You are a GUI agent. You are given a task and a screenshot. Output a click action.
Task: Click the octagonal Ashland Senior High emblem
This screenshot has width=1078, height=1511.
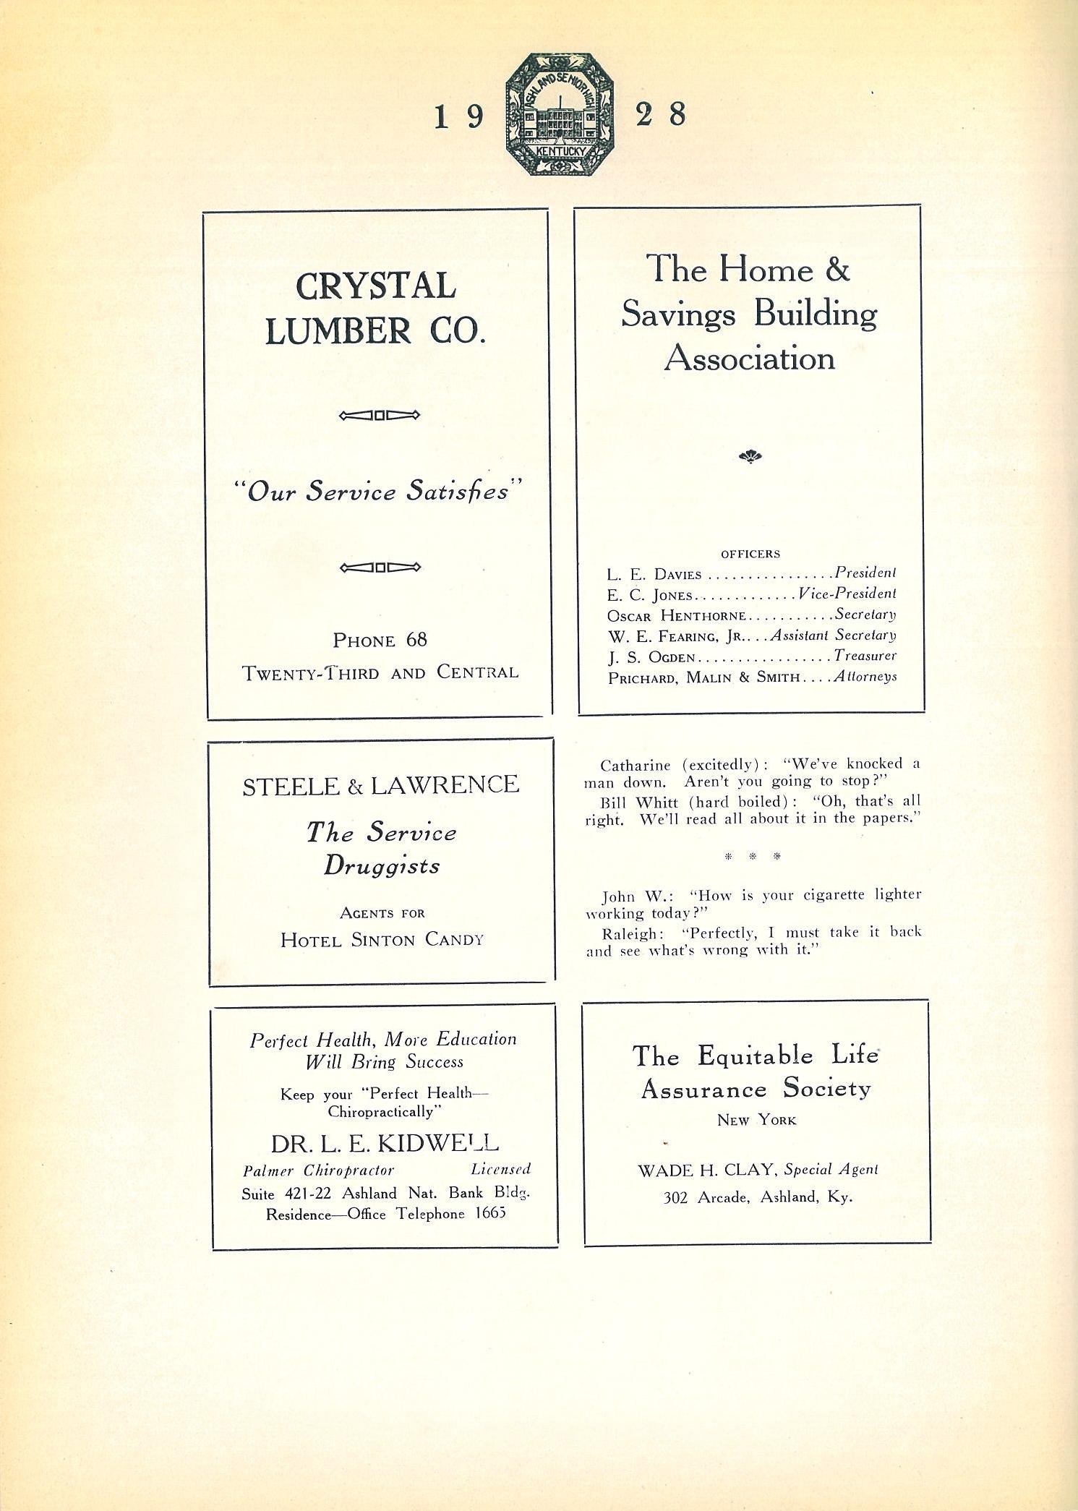[x=560, y=114]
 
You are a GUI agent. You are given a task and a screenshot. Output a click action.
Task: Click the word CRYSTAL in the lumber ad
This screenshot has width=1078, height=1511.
[x=375, y=286]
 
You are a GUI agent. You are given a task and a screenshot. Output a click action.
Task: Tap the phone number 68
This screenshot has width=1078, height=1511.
[x=416, y=640]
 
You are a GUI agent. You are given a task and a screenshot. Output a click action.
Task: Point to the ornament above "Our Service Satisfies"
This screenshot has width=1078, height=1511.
[x=379, y=415]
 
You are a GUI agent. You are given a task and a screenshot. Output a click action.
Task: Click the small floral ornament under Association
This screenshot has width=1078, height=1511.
[x=750, y=456]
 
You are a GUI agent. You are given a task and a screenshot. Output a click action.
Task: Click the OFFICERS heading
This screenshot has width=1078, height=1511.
[x=750, y=554]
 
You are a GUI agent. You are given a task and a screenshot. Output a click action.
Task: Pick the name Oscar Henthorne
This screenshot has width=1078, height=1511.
[x=676, y=616]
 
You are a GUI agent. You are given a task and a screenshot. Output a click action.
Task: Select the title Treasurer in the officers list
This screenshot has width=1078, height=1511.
[x=865, y=656]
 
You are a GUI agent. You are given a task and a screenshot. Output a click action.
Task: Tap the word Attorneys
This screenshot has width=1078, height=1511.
[x=865, y=677]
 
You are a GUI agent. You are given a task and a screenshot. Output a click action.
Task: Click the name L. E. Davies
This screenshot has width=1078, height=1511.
[x=654, y=575]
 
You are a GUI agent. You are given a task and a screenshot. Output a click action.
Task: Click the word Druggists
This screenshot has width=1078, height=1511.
[x=381, y=865]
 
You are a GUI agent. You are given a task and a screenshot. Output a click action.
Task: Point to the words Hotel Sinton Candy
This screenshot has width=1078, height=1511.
[x=382, y=940]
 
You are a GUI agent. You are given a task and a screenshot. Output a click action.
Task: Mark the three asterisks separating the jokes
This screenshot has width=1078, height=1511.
[x=753, y=857]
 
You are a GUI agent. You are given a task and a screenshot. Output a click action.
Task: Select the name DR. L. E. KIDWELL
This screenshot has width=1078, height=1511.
[x=385, y=1143]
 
